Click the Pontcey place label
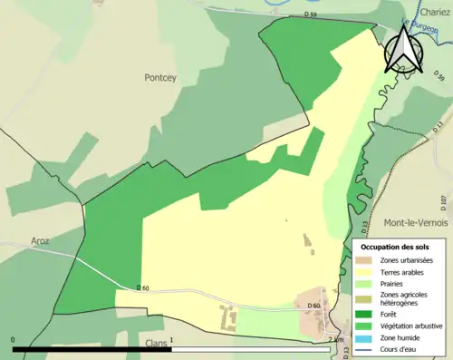pyautogui.click(x=162, y=78)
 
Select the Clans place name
pyautogui.click(x=159, y=345)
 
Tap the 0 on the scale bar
pyautogui.click(x=14, y=341)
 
